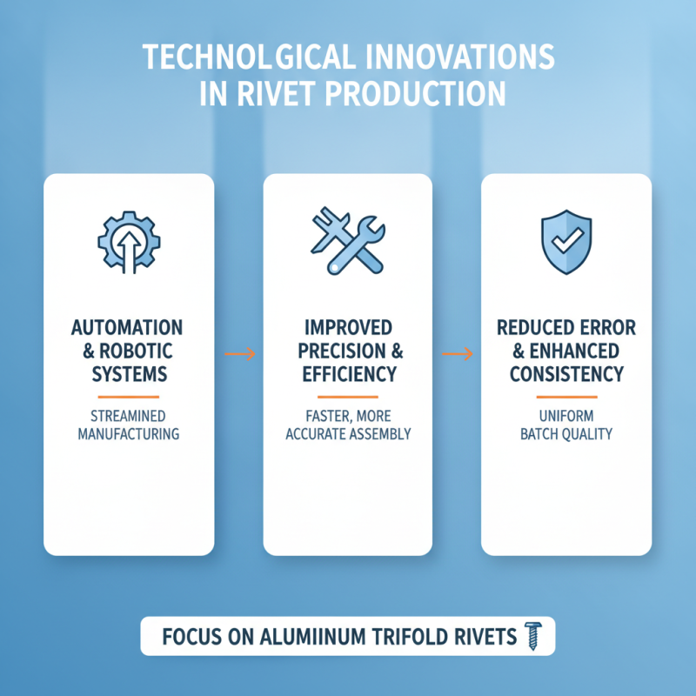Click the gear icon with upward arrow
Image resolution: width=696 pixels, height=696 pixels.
pos(129,243)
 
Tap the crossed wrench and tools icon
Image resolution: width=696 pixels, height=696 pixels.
pos(348,240)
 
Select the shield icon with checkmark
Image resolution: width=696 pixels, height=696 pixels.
pos(566,242)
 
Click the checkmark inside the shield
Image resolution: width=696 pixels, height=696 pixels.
pos(567,241)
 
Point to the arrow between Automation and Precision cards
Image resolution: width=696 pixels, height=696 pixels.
pos(240,354)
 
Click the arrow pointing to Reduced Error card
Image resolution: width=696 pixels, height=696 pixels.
pos(458,354)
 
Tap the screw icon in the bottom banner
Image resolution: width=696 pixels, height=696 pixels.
pos(533,636)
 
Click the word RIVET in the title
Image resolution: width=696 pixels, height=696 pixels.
pos(273,93)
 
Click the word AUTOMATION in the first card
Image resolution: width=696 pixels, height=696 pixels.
pos(127,328)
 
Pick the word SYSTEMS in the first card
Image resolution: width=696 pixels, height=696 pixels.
pos(130,374)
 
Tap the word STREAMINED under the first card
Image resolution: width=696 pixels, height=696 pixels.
pos(128,416)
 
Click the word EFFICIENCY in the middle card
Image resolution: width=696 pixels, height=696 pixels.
pos(350,374)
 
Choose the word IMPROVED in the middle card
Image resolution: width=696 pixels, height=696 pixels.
pos(349,328)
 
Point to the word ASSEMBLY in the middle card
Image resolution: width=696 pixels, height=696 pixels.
pos(380,433)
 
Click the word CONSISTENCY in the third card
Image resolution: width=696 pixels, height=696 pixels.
pos(567,374)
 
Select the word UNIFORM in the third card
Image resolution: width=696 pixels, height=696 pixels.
pos(566,416)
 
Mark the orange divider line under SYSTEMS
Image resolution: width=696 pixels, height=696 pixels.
pos(128,397)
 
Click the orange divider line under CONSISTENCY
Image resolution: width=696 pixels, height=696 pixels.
pos(567,397)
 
